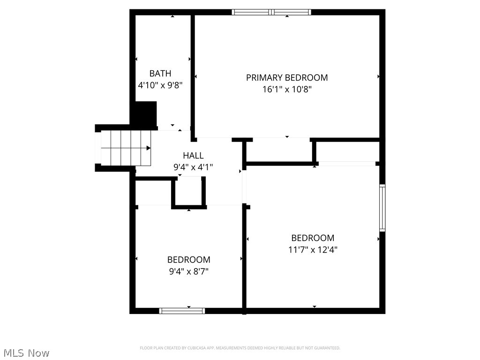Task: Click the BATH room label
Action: (x=160, y=74)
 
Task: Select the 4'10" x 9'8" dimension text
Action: (x=160, y=86)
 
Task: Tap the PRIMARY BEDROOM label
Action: (x=287, y=78)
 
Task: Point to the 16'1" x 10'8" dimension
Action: (x=287, y=90)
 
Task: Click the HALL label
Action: (x=193, y=156)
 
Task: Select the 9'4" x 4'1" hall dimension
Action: (x=193, y=167)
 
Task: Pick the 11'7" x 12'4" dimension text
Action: (x=313, y=250)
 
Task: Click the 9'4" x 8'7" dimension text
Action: (x=188, y=271)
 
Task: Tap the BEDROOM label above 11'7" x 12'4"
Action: (x=313, y=238)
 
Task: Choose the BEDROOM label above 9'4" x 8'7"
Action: (x=188, y=260)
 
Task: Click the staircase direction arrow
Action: (x=148, y=148)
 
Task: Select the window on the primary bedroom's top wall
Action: (x=271, y=12)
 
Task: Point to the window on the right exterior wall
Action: (x=382, y=208)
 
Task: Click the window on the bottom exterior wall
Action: (x=182, y=310)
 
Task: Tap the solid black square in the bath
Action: (x=145, y=113)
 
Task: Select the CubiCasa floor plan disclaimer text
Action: (x=240, y=348)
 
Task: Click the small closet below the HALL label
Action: (x=189, y=191)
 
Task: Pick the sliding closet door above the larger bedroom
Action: (x=347, y=164)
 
